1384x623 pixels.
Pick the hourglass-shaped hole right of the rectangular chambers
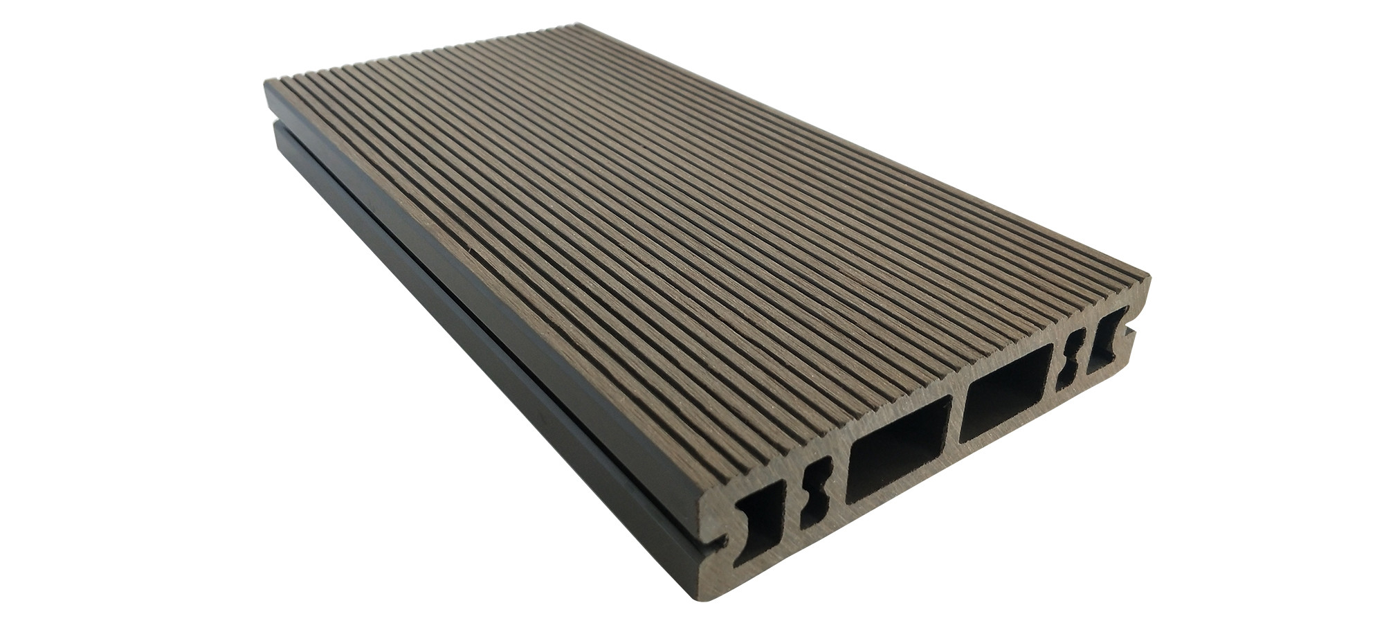(x=1072, y=356)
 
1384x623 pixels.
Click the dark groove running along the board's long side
(x=484, y=325)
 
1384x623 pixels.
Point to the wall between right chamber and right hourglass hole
(x=1052, y=367)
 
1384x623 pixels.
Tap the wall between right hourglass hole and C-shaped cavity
(x=1086, y=350)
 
